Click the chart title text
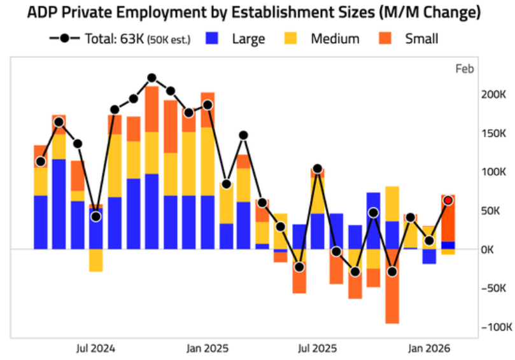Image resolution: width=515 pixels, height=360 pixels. click(x=253, y=13)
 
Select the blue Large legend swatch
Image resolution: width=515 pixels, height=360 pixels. click(x=212, y=38)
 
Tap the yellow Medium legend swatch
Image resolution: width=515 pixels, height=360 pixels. click(x=290, y=38)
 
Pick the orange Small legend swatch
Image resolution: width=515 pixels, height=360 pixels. click(x=385, y=38)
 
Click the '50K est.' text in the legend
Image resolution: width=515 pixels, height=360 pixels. click(x=169, y=39)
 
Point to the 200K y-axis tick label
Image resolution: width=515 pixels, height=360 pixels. click(x=493, y=95)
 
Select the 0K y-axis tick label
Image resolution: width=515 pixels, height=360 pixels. click(x=488, y=250)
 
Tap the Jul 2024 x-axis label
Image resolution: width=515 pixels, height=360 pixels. click(x=96, y=348)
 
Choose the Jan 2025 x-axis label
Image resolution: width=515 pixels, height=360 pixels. click(x=208, y=348)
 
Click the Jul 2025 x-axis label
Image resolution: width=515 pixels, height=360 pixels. click(x=317, y=348)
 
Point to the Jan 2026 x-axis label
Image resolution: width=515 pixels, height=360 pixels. click(x=429, y=348)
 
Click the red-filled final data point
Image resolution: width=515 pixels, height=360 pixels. click(x=448, y=200)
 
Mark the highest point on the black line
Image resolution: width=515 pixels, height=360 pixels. click(x=152, y=78)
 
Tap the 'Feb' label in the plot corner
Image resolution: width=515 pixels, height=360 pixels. click(x=465, y=69)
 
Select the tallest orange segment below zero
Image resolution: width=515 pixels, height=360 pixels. click(x=392, y=286)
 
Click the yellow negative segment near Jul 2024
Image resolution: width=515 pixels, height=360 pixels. click(x=96, y=260)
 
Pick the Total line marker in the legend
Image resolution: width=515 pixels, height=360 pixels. click(x=65, y=38)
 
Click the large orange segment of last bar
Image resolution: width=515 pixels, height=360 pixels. click(x=448, y=218)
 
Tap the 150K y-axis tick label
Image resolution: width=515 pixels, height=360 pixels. click(x=493, y=134)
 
